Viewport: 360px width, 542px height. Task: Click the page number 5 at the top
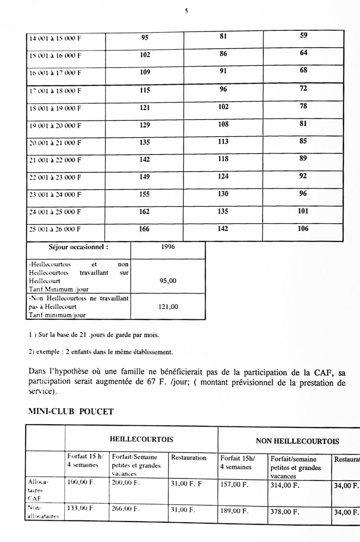(x=186, y=11)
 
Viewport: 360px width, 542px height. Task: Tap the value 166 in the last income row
(x=144, y=229)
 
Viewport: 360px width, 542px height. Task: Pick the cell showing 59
(x=304, y=35)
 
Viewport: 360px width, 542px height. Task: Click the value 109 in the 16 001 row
(x=145, y=72)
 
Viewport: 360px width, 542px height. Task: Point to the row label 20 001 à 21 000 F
(x=55, y=143)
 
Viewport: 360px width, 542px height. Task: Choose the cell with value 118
(x=223, y=159)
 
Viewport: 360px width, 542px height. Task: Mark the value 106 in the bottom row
(x=303, y=228)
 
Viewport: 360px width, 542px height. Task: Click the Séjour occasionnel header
(x=78, y=248)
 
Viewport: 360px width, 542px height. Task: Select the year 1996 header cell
(x=168, y=247)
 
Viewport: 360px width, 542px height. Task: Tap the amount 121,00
(x=169, y=307)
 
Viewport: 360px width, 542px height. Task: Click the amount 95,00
(x=168, y=281)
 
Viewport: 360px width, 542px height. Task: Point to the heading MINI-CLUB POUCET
(x=71, y=412)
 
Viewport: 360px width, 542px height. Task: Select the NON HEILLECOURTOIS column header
(x=297, y=441)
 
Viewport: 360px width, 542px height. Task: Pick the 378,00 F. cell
(x=285, y=512)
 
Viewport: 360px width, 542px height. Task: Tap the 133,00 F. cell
(x=81, y=508)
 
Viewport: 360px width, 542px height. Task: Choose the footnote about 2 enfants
(x=101, y=352)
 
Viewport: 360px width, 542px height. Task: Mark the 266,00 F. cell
(x=125, y=509)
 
